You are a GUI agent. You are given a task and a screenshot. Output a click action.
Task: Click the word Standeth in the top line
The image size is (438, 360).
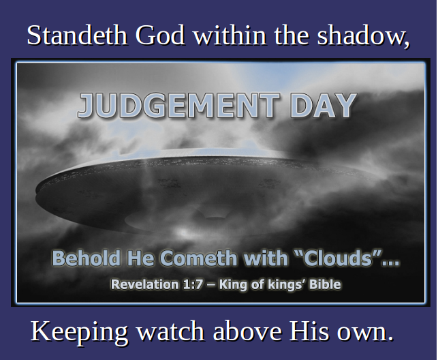pos(78,35)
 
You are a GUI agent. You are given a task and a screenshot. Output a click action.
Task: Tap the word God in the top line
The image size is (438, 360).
pos(160,35)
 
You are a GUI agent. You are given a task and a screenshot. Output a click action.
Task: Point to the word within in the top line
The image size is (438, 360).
pos(230,35)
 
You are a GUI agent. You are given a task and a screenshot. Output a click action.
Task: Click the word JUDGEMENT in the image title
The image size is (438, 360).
pos(178,106)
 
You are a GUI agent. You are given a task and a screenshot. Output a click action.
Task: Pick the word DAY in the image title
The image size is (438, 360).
pos(323,106)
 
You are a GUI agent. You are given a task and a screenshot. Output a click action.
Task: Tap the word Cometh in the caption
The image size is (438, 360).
pos(199,258)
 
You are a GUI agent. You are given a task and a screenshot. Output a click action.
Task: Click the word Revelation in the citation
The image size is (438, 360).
pos(145,284)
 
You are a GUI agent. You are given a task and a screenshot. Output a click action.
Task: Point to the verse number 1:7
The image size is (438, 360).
pos(193,284)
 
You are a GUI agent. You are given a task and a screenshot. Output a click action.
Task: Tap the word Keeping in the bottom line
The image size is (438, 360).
pos(79,332)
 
